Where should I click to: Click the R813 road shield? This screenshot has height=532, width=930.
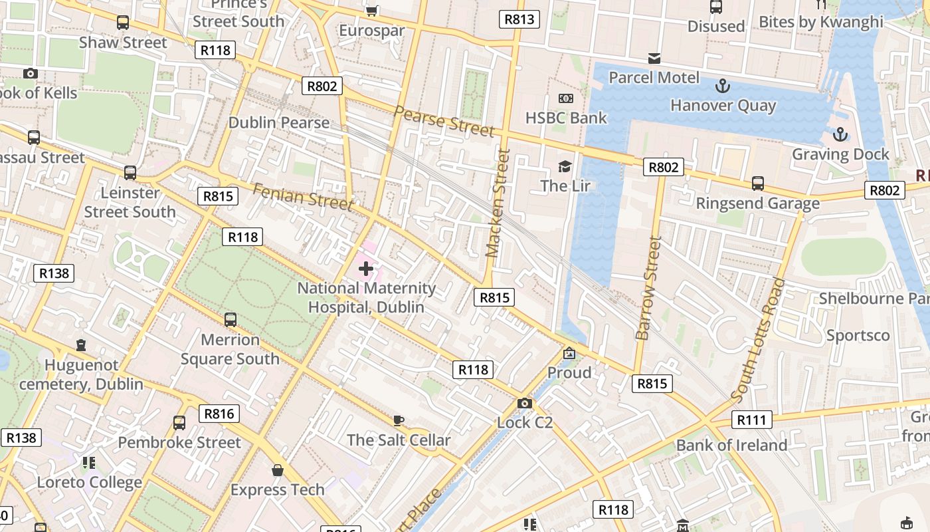519,19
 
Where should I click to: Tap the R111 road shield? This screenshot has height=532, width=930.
752,420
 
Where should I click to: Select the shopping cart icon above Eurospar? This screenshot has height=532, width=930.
372,10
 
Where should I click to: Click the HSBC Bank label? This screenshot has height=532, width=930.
566,118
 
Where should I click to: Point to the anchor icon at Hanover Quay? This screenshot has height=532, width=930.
722,86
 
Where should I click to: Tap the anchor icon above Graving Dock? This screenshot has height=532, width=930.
840,135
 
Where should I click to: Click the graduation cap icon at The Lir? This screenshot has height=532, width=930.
565,166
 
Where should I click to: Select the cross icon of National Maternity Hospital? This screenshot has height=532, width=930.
365,269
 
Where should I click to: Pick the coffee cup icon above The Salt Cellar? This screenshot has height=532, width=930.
398,420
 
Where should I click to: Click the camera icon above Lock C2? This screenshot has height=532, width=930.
524,403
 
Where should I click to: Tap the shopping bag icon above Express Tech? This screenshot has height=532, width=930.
278,470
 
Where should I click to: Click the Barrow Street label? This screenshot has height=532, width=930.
648,288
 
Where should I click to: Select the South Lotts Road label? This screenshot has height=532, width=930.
758,340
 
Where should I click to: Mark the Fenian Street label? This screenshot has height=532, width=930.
302,196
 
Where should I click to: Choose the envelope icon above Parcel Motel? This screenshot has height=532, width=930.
654,59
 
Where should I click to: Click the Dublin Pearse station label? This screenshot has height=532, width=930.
279,122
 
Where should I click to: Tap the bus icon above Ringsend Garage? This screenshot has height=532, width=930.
757,184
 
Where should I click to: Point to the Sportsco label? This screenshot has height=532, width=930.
858,335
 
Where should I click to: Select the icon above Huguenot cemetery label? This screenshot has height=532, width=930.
81,345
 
